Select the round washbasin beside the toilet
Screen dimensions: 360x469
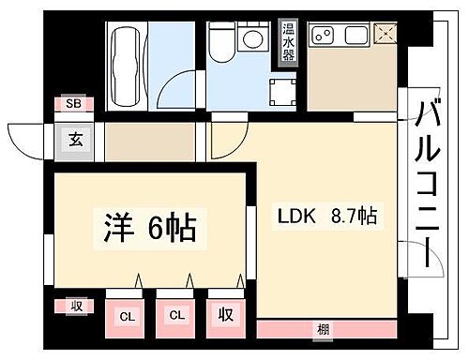click(x=250, y=40)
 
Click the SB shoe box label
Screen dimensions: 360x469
click(x=71, y=105)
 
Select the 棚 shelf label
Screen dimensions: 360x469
click(x=323, y=330)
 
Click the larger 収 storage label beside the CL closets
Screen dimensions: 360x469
click(x=226, y=316)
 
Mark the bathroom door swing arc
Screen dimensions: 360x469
click(x=172, y=92)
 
